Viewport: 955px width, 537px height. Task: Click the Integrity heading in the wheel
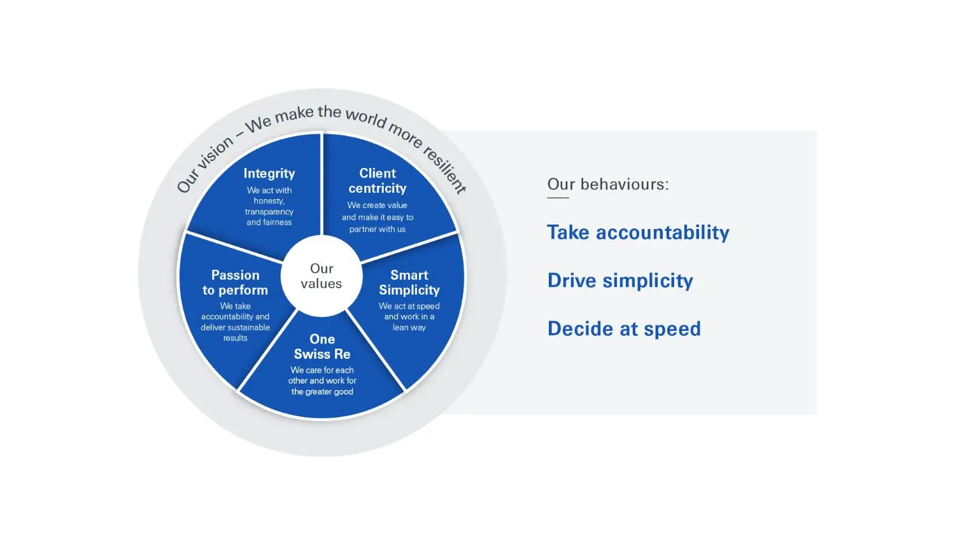point(269,173)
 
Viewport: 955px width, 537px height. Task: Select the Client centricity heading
point(378,181)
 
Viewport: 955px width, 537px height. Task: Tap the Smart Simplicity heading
point(409,282)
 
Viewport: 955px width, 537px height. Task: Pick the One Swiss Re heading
point(322,347)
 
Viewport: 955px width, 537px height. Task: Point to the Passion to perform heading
point(235,282)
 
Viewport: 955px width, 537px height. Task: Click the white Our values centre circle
point(322,276)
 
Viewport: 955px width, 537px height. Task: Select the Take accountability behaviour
point(638,232)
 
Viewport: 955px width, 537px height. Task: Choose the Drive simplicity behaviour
point(620,281)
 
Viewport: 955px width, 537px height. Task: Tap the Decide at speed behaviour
point(624,329)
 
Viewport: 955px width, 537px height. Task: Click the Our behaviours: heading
point(608,185)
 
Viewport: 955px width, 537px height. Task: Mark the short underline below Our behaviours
point(558,198)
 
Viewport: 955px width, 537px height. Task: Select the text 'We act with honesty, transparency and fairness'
point(269,206)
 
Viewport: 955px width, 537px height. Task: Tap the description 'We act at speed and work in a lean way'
point(409,317)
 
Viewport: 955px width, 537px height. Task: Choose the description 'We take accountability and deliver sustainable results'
point(235,322)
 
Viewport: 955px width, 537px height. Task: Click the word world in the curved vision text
point(365,118)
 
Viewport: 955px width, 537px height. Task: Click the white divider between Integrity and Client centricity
point(322,185)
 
